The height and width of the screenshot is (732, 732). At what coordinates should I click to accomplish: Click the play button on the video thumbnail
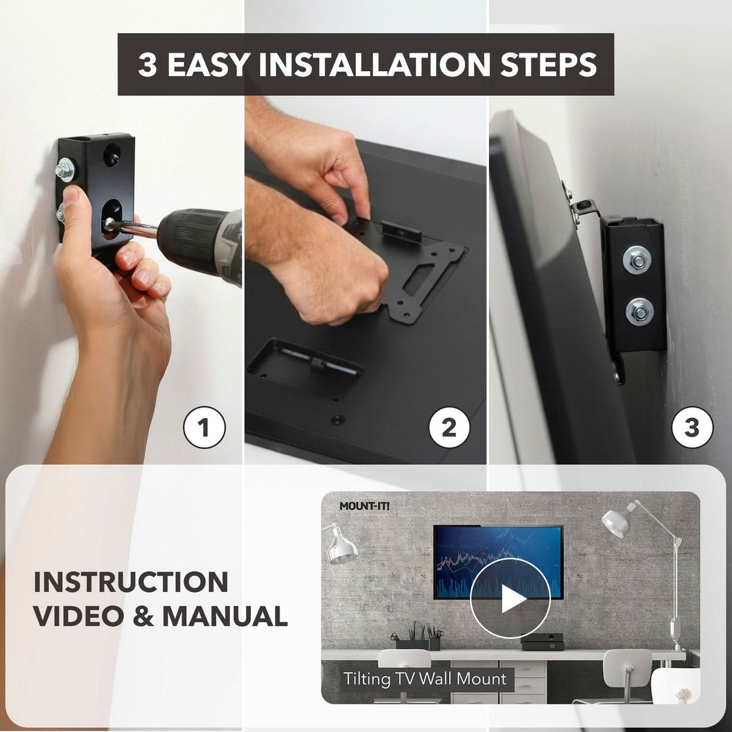pos(510,599)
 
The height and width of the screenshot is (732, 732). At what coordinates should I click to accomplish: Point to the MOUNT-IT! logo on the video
pos(364,506)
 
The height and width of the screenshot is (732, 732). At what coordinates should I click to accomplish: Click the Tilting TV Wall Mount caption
pos(424,679)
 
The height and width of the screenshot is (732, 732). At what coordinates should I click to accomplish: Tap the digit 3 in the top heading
pos(147,65)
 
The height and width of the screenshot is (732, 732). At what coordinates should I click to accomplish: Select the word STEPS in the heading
pos(548,65)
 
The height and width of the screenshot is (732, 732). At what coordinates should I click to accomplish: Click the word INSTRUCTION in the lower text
pos(131,582)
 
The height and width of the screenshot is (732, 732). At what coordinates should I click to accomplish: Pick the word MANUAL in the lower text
pos(225,616)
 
